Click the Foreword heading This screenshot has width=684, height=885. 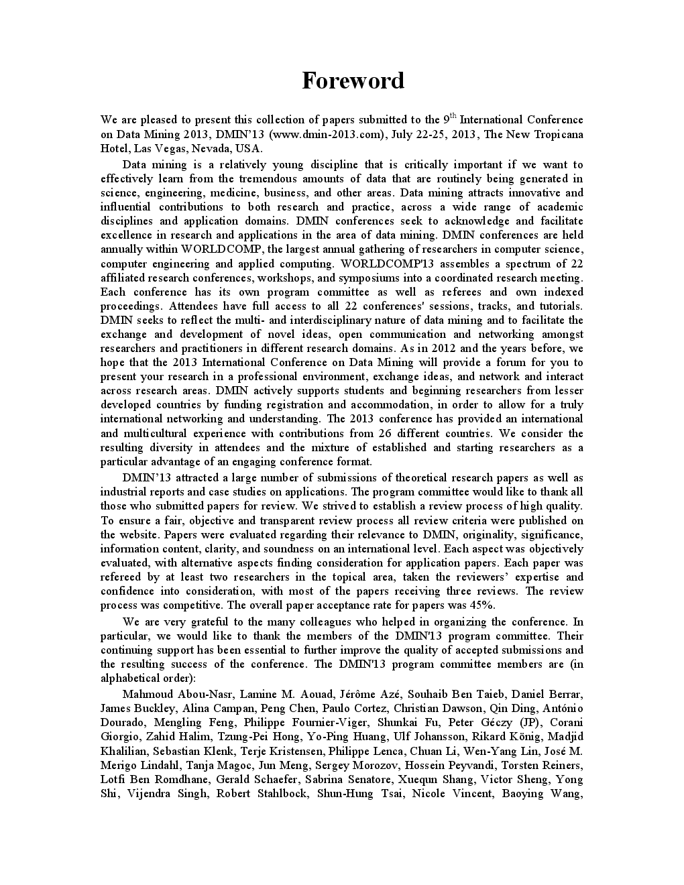pyautogui.click(x=353, y=80)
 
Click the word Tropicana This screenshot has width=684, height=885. pyautogui.click(x=558, y=134)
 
